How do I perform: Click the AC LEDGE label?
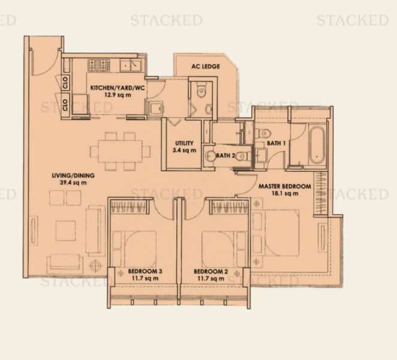(206, 67)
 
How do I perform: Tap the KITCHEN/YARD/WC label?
(118, 88)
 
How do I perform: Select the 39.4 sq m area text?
(73, 182)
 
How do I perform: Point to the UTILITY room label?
(184, 143)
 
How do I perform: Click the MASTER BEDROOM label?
(285, 187)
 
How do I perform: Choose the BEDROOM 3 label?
(145, 271)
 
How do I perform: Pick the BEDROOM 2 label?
(211, 272)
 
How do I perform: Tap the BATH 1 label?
(276, 143)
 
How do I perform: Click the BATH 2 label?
(225, 155)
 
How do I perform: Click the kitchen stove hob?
(99, 65)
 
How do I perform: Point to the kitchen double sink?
(130, 65)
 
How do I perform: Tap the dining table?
(120, 151)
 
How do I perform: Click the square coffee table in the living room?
(66, 230)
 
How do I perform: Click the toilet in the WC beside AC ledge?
(201, 91)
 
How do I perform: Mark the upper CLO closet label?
(65, 83)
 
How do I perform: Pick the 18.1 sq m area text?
(285, 194)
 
